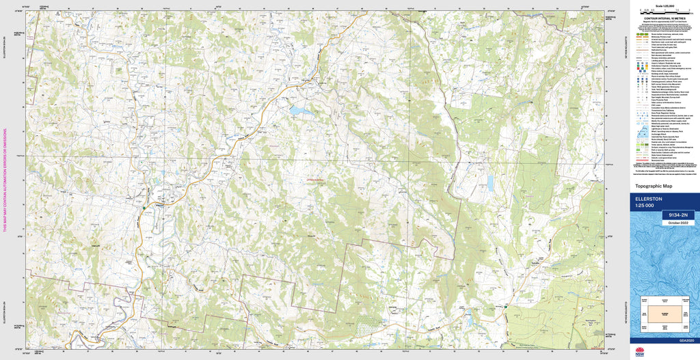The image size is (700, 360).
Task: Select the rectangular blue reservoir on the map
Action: pyautogui.click(x=490, y=182)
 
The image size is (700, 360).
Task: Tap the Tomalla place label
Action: pyautogui.click(x=537, y=262)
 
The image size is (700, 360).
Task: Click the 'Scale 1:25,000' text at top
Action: pyautogui.click(x=664, y=5)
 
